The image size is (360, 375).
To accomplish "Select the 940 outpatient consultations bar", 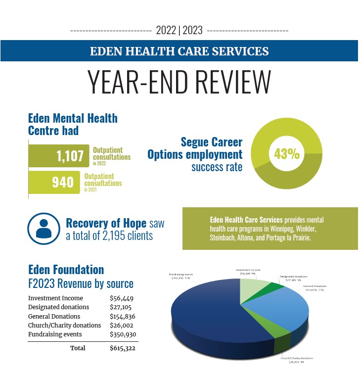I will (54, 182).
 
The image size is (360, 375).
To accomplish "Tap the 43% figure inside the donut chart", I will (287, 154).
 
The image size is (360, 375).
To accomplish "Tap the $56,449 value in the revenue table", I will (122, 298).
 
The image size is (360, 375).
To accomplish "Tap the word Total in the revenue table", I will (78, 348).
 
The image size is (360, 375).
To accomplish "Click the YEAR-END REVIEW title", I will (180, 82).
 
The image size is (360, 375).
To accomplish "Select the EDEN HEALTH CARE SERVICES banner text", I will (180, 51).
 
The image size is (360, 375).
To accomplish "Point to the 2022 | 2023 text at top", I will (179, 30).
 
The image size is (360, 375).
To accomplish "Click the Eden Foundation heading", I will (66, 270).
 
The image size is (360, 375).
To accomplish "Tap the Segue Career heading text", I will (211, 142).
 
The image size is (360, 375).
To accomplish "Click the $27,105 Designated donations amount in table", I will (122, 307).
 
